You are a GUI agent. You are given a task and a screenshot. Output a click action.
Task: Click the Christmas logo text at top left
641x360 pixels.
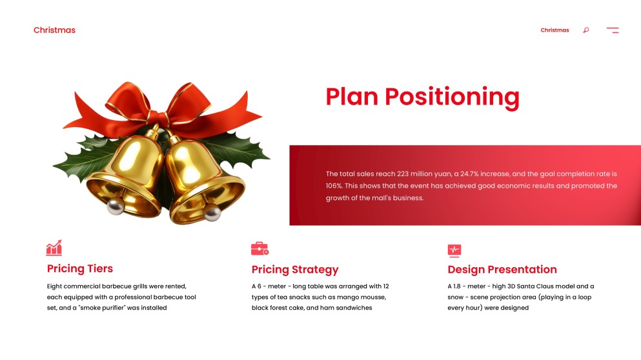[x=54, y=30]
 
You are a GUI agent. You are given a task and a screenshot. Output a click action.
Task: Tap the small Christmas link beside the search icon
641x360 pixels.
[x=555, y=30]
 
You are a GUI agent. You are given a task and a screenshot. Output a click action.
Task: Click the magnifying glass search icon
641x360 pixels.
[x=585, y=30]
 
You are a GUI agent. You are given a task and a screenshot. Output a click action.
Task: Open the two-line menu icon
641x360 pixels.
[x=613, y=30]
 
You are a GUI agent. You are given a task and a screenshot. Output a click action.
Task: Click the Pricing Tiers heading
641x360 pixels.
[x=80, y=268]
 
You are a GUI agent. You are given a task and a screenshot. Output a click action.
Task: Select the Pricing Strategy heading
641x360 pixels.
[x=294, y=269]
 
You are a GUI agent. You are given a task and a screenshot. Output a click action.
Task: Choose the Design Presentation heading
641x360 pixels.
[x=502, y=269]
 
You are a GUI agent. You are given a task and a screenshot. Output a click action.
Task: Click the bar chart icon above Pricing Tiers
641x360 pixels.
[x=54, y=248]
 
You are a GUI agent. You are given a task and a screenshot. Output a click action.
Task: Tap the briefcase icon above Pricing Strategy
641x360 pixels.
[x=259, y=248]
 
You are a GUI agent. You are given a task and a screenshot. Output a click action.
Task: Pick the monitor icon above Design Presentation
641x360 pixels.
[x=454, y=250]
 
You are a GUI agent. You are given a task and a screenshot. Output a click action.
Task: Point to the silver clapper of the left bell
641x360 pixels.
[x=116, y=206]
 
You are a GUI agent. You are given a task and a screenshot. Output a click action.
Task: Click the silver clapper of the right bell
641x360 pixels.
[x=212, y=212]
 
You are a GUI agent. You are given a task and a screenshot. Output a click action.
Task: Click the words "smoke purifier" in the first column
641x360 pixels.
[x=120, y=308]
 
